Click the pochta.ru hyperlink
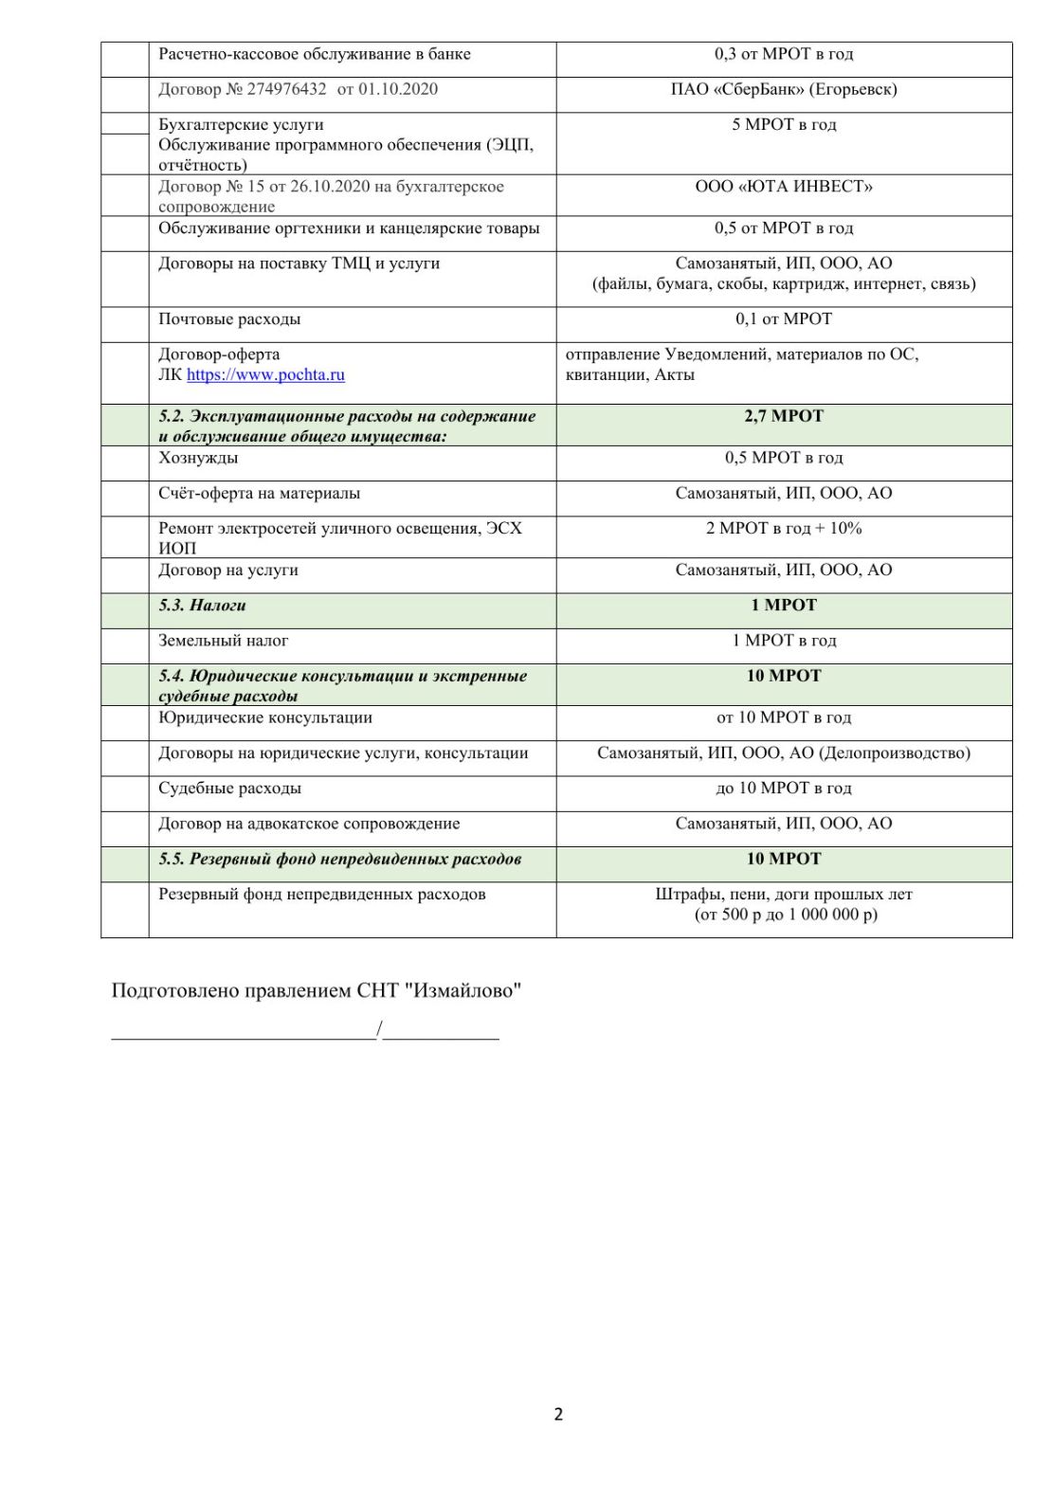[x=265, y=374]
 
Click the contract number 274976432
[x=286, y=89]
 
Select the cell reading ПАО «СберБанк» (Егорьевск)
[x=783, y=89]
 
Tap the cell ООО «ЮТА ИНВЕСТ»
[x=783, y=187]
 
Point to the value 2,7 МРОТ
[x=783, y=416]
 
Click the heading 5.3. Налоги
[x=202, y=606]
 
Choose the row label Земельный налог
[x=223, y=641]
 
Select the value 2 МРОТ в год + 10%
[x=783, y=529]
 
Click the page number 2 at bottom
[x=558, y=1414]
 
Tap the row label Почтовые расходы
[x=229, y=319]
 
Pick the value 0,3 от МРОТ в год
[x=783, y=54]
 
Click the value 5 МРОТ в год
[x=783, y=124]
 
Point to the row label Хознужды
[x=198, y=458]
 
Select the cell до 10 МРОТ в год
[x=783, y=789]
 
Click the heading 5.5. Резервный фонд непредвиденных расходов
[x=339, y=860]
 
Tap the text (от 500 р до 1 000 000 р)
[x=786, y=915]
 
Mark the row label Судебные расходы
[x=229, y=789]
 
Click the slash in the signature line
[x=379, y=1029]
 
